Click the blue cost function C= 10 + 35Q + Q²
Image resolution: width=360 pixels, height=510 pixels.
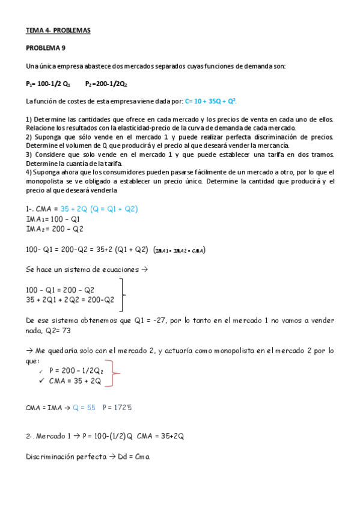pyautogui.click(x=214, y=102)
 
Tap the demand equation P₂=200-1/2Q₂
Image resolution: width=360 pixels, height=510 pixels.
pyautogui.click(x=106, y=84)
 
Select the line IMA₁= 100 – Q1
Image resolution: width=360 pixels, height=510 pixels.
pyautogui.click(x=53, y=219)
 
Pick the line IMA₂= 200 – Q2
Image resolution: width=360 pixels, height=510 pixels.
pyautogui.click(x=55, y=229)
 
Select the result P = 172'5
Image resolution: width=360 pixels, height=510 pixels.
pyautogui.click(x=118, y=407)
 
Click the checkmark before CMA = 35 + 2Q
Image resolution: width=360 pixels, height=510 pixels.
pyautogui.click(x=41, y=380)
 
